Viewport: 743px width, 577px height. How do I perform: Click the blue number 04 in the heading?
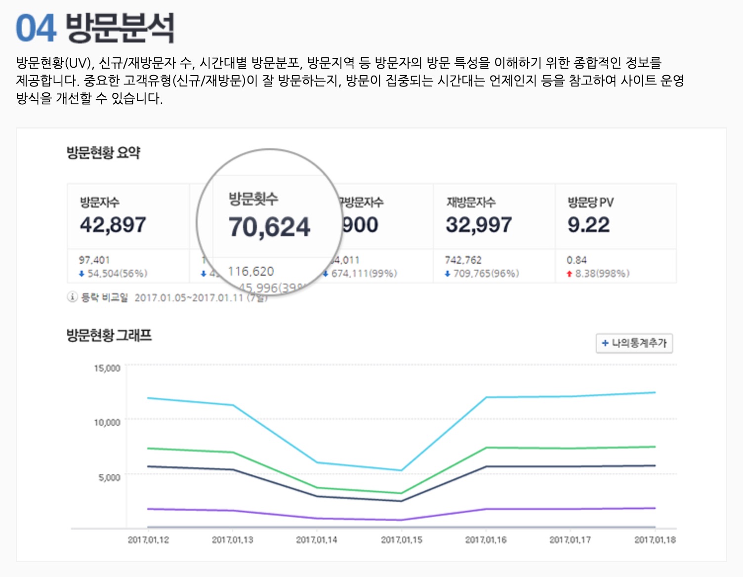(36, 28)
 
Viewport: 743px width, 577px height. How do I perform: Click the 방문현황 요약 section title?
(103, 153)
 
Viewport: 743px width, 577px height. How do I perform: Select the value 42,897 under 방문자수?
(113, 225)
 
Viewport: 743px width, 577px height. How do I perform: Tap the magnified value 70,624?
(269, 227)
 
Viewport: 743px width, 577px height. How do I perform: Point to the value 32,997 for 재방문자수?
(478, 225)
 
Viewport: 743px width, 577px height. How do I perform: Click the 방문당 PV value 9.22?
(588, 225)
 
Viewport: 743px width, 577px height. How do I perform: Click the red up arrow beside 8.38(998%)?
(570, 274)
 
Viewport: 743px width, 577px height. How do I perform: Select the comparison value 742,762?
(463, 260)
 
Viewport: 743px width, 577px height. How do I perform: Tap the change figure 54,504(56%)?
(117, 273)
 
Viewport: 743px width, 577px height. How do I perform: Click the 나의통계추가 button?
(634, 343)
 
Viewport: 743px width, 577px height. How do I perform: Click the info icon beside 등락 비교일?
(72, 297)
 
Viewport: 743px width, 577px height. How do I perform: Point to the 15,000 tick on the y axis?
(107, 368)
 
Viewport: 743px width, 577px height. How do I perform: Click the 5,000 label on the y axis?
(109, 477)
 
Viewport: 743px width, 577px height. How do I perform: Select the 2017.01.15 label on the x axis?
(402, 540)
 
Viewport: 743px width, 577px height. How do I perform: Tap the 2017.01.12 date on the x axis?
(148, 540)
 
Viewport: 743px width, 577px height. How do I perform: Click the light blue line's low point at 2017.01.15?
(402, 470)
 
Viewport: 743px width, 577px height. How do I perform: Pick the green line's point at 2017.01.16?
(486, 448)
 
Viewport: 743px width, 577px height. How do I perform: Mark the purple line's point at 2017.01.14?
(317, 518)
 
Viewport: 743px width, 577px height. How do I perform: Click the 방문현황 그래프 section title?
(109, 335)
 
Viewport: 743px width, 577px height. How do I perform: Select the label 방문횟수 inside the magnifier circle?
(253, 199)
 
